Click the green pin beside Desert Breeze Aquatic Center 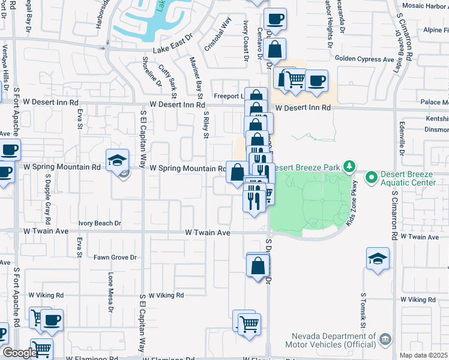pos(371,177)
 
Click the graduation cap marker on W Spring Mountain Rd pos(117,160)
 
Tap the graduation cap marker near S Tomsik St pos(378,259)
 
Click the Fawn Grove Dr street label pos(115,258)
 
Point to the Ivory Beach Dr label pos(100,223)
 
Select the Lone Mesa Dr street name pos(110,291)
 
